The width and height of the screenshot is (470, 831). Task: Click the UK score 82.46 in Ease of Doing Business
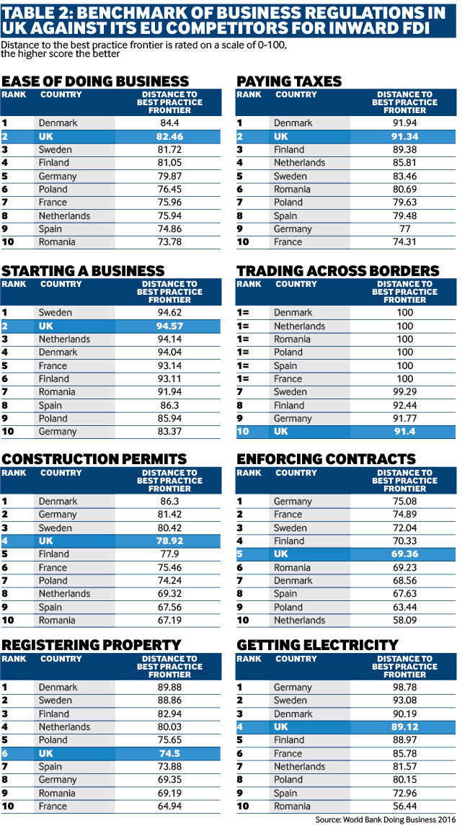pos(169,136)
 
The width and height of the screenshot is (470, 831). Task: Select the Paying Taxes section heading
pos(289,81)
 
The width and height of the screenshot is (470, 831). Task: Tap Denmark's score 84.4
pos(169,123)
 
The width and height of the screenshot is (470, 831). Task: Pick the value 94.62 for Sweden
pos(169,313)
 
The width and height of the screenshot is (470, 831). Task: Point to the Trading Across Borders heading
pos(337,271)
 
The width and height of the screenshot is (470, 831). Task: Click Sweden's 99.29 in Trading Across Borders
pos(405,392)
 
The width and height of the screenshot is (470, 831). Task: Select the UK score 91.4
pos(405,432)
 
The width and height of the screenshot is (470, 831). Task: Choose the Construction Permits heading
pos(94,459)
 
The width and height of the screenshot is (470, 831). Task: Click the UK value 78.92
pos(169,541)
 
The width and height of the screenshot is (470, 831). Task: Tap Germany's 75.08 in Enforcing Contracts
pos(405,502)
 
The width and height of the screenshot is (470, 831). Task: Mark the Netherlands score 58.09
pos(405,621)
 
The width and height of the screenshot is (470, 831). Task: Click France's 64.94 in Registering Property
pos(169,806)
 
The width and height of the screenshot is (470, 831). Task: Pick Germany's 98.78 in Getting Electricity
pos(405,688)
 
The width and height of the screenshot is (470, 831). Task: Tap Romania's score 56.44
pos(405,806)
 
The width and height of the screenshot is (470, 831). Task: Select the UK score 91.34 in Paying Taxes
pos(405,136)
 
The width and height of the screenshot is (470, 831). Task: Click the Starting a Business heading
pos(83,271)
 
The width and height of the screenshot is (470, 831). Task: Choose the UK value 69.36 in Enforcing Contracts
pos(405,554)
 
